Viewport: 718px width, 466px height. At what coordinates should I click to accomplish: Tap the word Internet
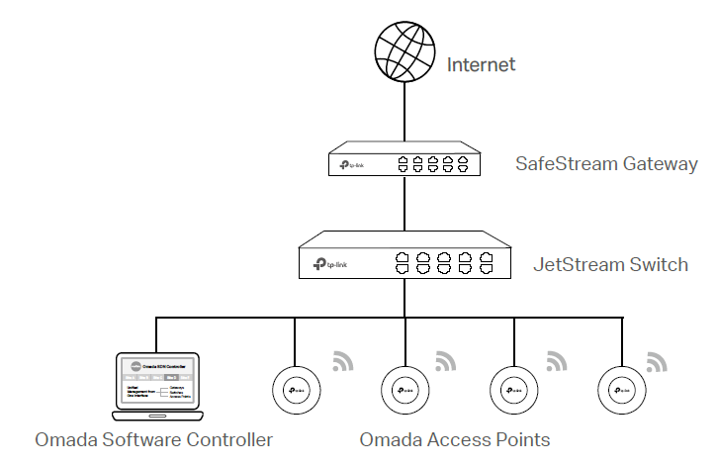482,65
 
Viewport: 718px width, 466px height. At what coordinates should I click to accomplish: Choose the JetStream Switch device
404,257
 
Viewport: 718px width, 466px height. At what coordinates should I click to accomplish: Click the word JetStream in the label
580,264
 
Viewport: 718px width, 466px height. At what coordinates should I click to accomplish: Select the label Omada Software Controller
153,438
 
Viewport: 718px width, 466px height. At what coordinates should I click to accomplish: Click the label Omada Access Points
454,438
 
